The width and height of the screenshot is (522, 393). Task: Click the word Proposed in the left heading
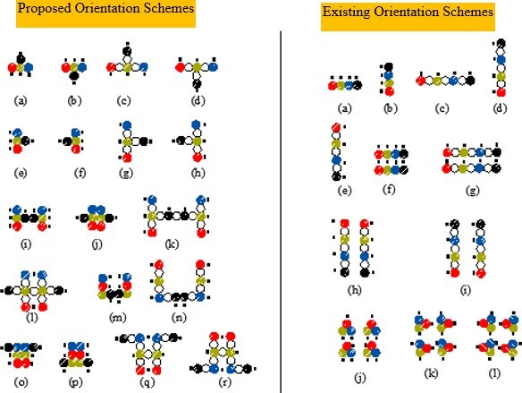45,9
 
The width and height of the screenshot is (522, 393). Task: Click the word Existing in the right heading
347,12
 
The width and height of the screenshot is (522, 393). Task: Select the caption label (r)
225,382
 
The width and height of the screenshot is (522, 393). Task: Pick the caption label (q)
147,382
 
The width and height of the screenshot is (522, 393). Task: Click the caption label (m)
117,318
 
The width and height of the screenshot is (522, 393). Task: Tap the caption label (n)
179,318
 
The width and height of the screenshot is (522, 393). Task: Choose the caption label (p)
75,382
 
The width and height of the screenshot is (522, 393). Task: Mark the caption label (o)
21,382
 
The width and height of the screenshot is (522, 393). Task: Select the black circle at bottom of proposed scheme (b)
74,76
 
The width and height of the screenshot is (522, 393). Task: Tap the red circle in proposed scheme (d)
180,67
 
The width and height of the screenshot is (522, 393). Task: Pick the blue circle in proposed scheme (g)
127,125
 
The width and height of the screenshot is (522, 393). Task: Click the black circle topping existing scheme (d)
501,43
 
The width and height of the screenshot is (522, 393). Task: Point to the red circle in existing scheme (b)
389,91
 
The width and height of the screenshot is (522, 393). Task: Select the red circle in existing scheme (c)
420,81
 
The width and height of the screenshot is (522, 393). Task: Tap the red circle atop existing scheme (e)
336,127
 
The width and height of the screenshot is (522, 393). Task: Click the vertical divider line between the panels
281,212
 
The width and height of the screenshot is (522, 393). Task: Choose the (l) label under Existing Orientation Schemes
494,373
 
